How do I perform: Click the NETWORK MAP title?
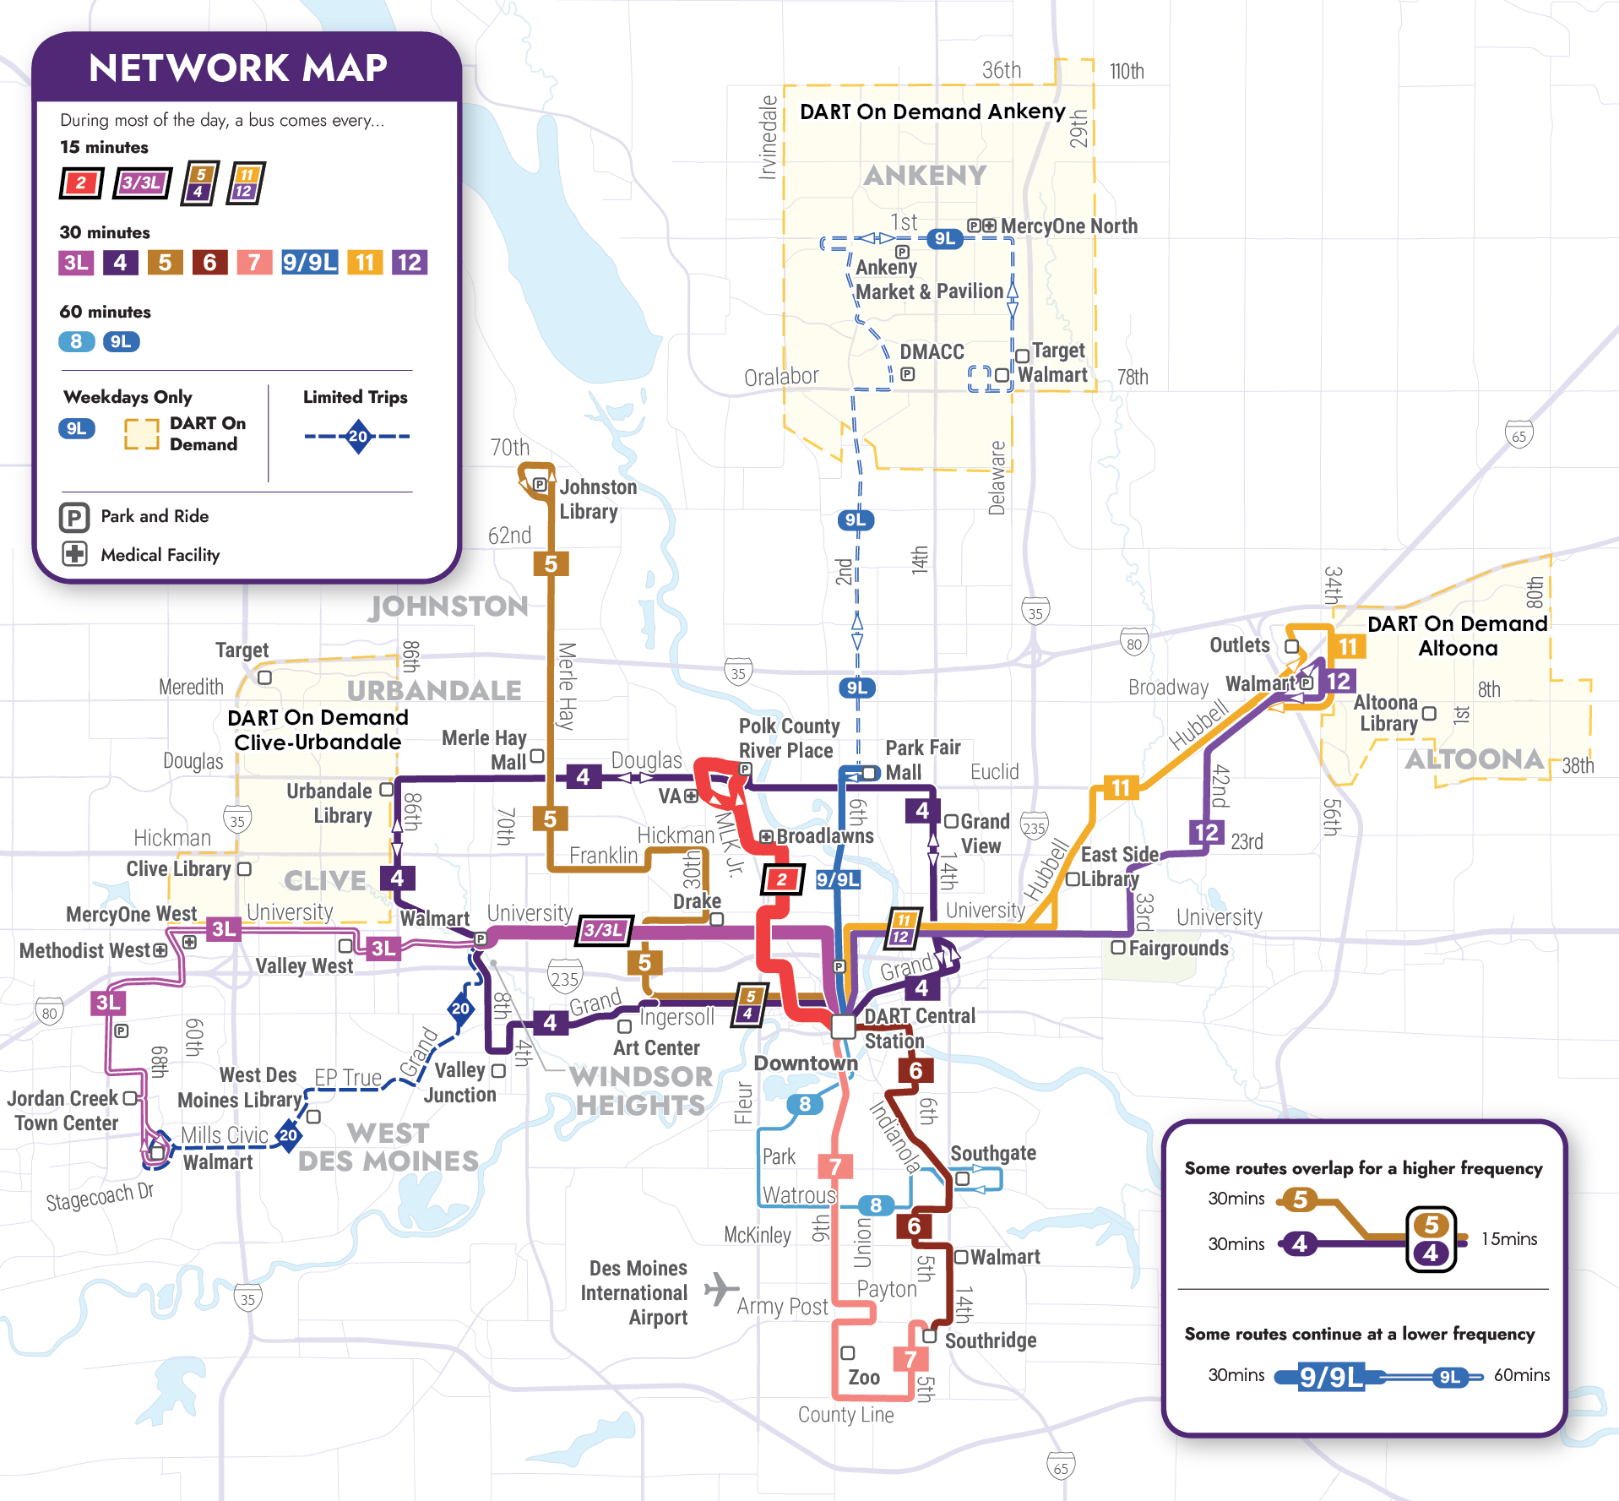tap(237, 68)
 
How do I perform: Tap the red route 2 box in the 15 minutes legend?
tap(81, 182)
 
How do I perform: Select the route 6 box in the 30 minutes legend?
tap(209, 263)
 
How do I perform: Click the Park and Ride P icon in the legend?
tap(74, 517)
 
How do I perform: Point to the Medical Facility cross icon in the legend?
tap(74, 554)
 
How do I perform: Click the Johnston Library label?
tap(597, 499)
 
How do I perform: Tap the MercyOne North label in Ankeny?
tap(1068, 226)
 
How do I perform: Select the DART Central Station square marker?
tap(843, 1026)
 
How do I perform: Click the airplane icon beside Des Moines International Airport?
tap(720, 1289)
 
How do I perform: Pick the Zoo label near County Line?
tap(863, 1378)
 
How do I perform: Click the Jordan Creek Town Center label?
tap(64, 1111)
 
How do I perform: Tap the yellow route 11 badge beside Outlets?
tap(1347, 647)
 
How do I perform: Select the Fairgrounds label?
tap(1178, 949)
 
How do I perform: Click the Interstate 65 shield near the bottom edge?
tap(1061, 1467)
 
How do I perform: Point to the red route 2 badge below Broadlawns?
tap(782, 879)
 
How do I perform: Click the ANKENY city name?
tap(925, 176)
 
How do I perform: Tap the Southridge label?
tap(990, 1341)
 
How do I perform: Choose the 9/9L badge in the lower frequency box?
tap(1330, 1377)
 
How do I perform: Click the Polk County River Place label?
tap(789, 738)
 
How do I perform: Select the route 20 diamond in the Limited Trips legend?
tap(358, 437)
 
